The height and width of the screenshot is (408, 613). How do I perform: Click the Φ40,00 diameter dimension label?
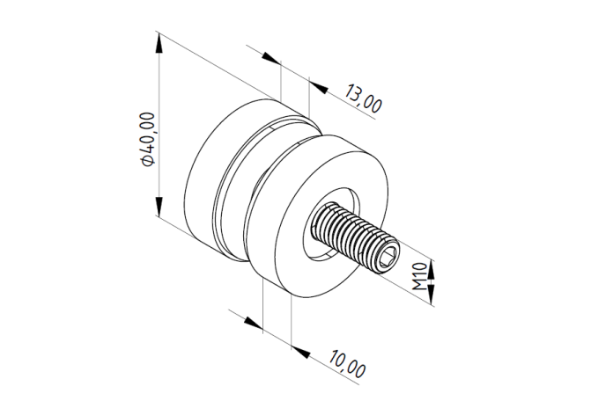point(149,140)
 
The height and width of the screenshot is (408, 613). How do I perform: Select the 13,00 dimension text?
point(363,98)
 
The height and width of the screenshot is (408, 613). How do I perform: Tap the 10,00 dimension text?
point(347,364)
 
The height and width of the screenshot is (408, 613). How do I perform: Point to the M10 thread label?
point(419,276)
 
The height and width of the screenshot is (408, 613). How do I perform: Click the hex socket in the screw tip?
point(388,259)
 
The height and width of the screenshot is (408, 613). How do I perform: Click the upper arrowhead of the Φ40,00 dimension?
point(159,43)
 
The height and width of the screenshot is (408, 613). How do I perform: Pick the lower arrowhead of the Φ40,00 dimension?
point(159,206)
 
